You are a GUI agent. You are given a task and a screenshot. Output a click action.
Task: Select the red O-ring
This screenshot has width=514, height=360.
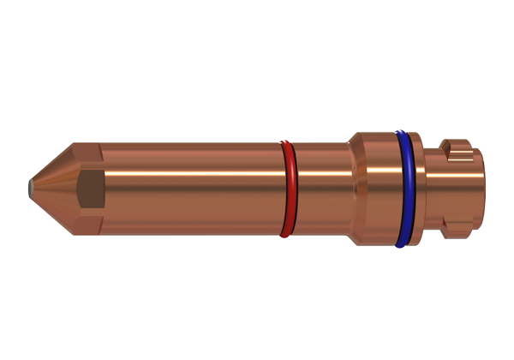(289, 189)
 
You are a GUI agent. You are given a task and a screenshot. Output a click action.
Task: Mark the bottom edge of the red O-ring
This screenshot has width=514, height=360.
(286, 234)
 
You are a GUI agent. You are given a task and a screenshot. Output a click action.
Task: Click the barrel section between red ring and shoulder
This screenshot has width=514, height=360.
(321, 187)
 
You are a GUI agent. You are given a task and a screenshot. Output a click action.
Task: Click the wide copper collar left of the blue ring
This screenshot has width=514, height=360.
(375, 187)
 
